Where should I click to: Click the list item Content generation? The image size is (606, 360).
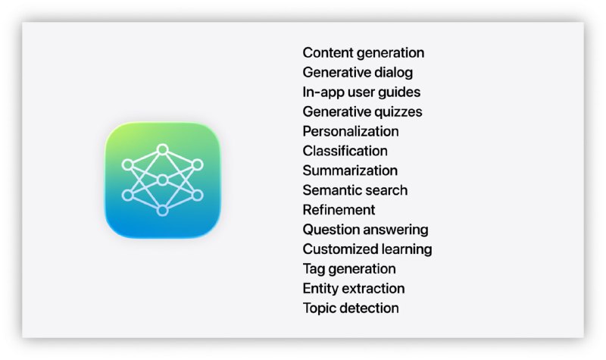(364, 53)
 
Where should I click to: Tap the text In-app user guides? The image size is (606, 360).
(361, 92)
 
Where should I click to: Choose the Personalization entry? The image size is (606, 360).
(351, 131)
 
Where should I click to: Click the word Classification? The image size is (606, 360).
(345, 151)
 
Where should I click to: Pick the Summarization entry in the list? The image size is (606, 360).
(350, 171)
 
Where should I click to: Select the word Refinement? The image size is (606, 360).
(339, 210)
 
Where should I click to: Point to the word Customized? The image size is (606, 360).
(335, 249)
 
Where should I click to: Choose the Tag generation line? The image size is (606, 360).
(349, 269)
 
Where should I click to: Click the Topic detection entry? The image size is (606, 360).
(351, 308)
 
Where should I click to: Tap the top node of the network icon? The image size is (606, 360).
(163, 149)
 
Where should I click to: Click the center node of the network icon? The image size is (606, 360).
(163, 180)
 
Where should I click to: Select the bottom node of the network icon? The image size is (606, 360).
(163, 211)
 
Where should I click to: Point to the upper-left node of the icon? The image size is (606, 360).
(127, 165)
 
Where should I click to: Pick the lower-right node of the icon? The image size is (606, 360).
(198, 196)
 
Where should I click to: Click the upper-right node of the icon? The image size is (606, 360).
(198, 164)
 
